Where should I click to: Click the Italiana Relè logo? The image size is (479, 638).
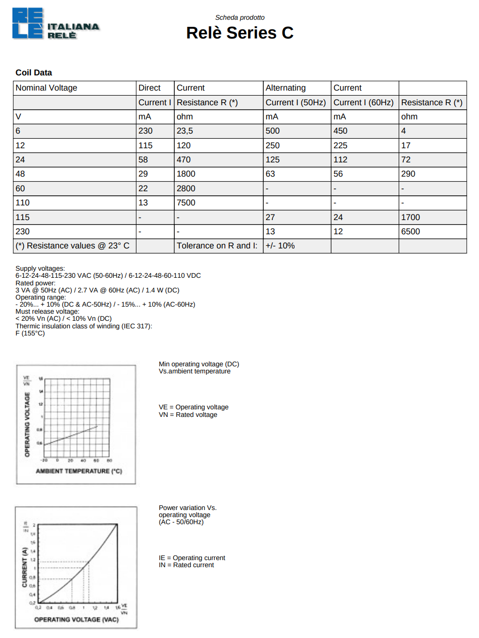(x=56, y=24)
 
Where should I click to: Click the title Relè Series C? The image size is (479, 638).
(x=239, y=33)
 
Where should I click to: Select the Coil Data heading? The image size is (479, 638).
(x=34, y=73)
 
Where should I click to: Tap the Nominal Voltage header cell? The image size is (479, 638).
(x=46, y=88)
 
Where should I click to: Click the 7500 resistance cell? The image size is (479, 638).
(x=186, y=203)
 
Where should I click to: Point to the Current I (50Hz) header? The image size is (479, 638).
(x=296, y=102)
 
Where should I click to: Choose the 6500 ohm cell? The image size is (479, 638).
(x=410, y=232)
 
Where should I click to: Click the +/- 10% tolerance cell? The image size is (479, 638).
(x=280, y=246)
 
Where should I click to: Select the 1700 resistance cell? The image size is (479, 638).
(x=410, y=218)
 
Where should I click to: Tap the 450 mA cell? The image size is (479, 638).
(x=341, y=131)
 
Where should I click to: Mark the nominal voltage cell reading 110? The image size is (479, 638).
(x=23, y=203)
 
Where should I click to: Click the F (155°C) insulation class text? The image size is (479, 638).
(x=30, y=333)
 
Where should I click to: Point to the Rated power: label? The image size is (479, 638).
(x=35, y=283)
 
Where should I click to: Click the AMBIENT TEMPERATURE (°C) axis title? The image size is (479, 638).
(x=79, y=472)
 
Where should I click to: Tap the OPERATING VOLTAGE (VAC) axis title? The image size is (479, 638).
(x=76, y=619)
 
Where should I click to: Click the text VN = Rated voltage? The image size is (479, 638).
(x=188, y=415)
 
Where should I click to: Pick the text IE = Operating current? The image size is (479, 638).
(x=192, y=558)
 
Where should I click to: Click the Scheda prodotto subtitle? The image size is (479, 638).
(x=240, y=18)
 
